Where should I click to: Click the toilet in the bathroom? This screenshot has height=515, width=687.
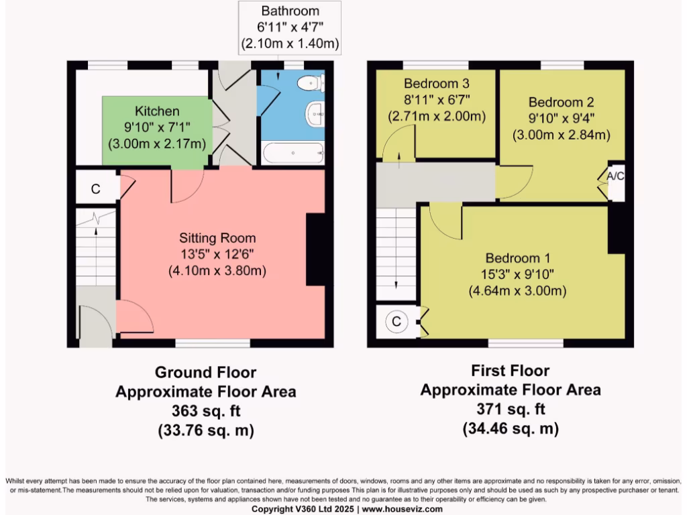tap(311, 84)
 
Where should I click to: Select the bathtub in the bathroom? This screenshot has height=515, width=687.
tap(293, 154)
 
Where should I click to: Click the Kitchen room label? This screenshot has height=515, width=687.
tap(157, 111)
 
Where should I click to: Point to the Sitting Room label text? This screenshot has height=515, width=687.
tap(217, 238)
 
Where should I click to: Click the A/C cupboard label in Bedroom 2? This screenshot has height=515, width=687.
tap(615, 176)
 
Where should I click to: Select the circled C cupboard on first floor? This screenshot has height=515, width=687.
tap(397, 322)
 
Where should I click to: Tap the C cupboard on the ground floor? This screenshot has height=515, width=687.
tap(95, 189)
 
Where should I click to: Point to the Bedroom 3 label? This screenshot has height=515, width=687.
tap(436, 84)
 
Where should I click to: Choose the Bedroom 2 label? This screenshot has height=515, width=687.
tap(561, 103)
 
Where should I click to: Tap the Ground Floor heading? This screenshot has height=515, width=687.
tap(205, 372)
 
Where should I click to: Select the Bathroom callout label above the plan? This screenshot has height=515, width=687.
tap(290, 11)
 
